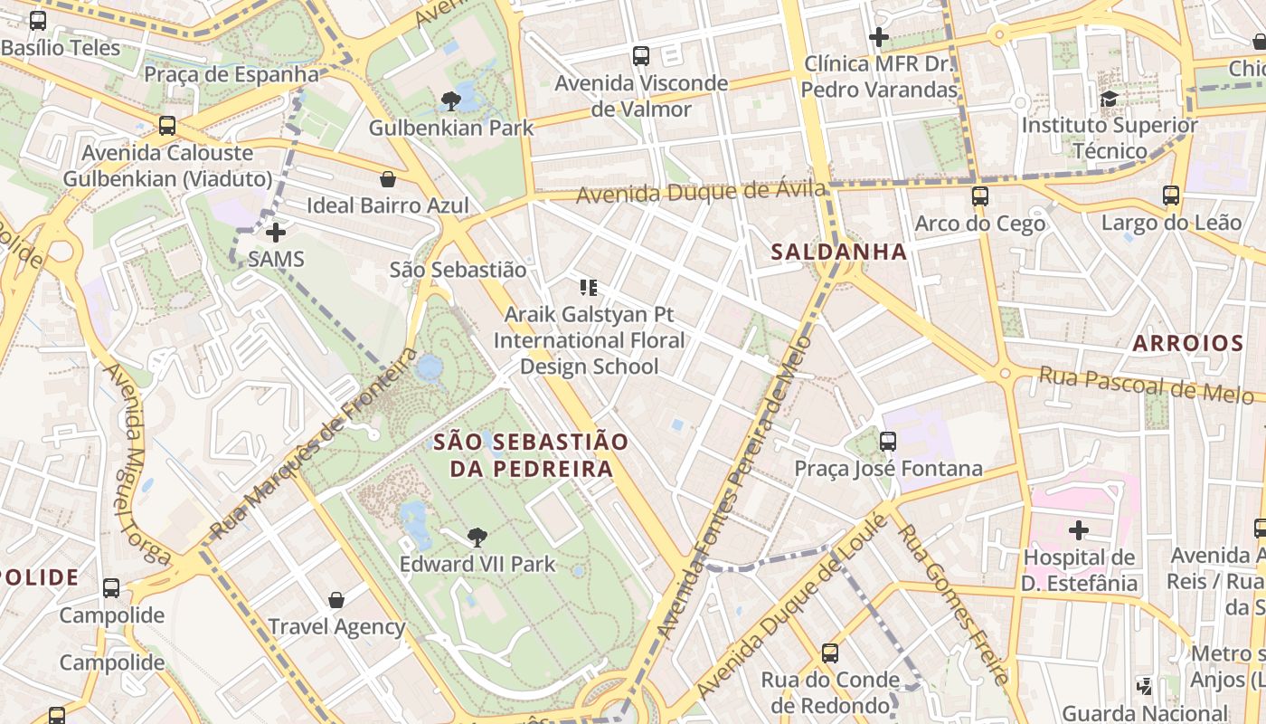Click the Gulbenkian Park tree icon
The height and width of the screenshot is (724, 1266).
pyautogui.click(x=451, y=100)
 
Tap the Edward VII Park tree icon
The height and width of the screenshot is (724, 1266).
pyautogui.click(x=477, y=538)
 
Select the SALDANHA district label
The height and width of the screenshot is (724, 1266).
pyautogui.click(x=838, y=252)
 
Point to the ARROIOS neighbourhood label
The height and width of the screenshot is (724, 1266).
pyautogui.click(x=1188, y=343)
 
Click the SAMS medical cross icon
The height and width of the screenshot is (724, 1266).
pyautogui.click(x=276, y=233)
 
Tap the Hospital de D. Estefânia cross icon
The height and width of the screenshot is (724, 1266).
pyautogui.click(x=1078, y=529)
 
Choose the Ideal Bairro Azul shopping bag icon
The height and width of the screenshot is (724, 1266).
pyautogui.click(x=388, y=179)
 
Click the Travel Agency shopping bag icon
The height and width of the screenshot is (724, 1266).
pyautogui.click(x=336, y=599)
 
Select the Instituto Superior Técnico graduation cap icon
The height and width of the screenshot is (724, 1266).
pyautogui.click(x=1109, y=99)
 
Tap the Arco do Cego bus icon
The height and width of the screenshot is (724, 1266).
pyautogui.click(x=979, y=195)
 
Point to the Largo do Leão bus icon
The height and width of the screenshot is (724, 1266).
pyautogui.click(x=1171, y=195)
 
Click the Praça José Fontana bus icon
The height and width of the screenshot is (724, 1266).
pyautogui.click(x=888, y=442)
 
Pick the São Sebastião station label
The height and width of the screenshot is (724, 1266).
pyautogui.click(x=458, y=269)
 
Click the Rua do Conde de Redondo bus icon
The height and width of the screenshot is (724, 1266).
pyautogui.click(x=830, y=653)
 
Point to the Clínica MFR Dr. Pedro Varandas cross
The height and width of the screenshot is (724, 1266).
pyautogui.click(x=878, y=37)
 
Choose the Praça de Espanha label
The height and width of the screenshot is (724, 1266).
pyautogui.click(x=231, y=74)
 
